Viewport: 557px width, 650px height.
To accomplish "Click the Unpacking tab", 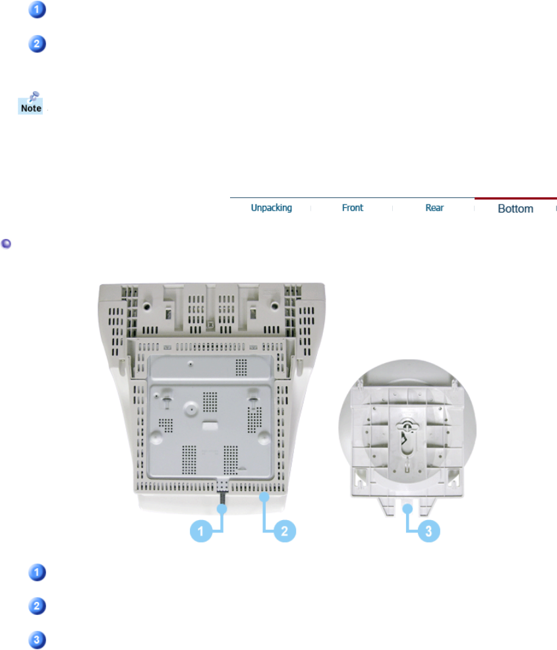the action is click(x=272, y=208).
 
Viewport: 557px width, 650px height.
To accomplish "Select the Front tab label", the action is click(x=353, y=208).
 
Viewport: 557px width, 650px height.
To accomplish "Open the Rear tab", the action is click(x=434, y=208).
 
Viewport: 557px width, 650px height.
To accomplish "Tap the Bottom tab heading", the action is click(x=515, y=209).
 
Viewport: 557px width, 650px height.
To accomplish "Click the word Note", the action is click(x=31, y=108).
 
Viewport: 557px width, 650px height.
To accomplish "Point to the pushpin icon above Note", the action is click(x=33, y=96).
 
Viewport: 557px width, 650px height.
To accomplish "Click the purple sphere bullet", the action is click(x=6, y=244).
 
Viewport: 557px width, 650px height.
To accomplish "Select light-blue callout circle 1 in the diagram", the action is click(x=201, y=531).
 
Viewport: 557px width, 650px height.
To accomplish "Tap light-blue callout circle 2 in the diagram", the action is click(x=285, y=531).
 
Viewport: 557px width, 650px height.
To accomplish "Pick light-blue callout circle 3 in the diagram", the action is click(x=428, y=531).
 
